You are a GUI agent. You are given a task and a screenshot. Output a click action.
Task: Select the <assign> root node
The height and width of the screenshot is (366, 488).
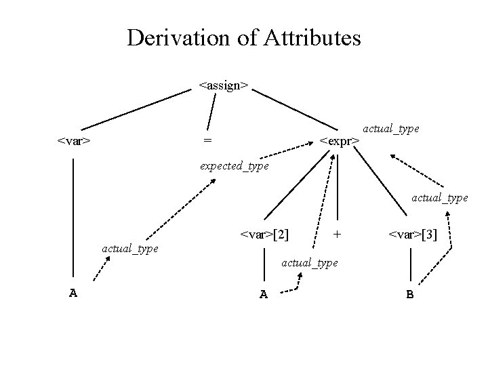(224, 86)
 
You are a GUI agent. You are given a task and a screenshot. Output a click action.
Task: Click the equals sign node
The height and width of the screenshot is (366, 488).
(207, 140)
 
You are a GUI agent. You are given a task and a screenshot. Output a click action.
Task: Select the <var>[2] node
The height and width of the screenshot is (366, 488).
(264, 235)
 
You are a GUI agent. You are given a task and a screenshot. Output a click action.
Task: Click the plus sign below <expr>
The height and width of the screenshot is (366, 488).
(337, 235)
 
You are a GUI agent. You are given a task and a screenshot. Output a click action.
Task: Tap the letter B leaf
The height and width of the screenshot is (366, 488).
(410, 294)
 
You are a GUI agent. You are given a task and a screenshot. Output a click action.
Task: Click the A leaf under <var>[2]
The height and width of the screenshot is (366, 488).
(263, 294)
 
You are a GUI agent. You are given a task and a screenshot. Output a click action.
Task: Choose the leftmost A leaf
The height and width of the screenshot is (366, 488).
(73, 293)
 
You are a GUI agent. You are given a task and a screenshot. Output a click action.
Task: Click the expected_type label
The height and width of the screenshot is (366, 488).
(234, 165)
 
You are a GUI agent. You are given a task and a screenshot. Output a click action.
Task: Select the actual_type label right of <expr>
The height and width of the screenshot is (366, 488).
(391, 127)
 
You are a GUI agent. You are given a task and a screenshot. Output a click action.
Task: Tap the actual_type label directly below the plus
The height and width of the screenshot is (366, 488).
(309, 262)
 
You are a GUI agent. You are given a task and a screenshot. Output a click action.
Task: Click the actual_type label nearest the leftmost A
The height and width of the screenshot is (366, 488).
(129, 249)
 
